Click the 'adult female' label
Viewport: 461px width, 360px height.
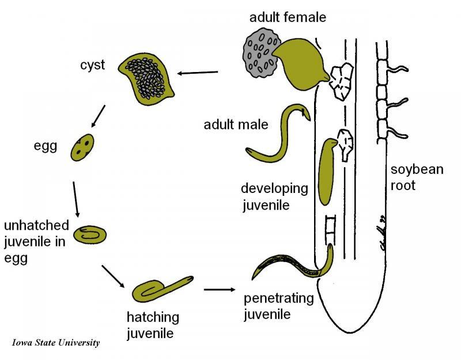(x=288, y=17)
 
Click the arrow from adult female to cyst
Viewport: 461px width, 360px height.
(x=198, y=73)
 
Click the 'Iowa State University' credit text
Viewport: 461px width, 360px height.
(x=56, y=342)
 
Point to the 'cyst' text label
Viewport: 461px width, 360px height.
(x=92, y=65)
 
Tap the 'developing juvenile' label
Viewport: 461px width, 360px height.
(x=274, y=196)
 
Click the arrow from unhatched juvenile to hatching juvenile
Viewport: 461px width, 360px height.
(x=113, y=276)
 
